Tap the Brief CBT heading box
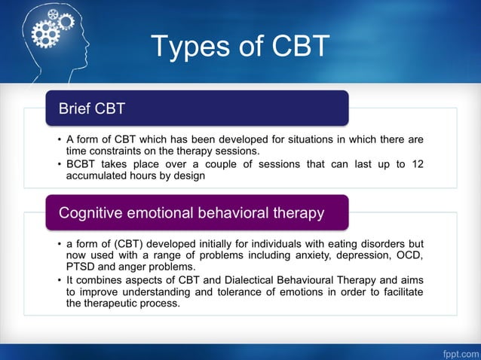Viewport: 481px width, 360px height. pos(198,108)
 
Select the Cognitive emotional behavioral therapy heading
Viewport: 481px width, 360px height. pos(198,212)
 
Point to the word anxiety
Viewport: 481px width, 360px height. pos(305,255)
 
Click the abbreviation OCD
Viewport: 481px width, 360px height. pos(409,255)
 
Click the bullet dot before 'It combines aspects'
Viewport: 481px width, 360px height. pos(60,281)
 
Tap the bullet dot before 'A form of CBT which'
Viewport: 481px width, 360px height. pos(60,139)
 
